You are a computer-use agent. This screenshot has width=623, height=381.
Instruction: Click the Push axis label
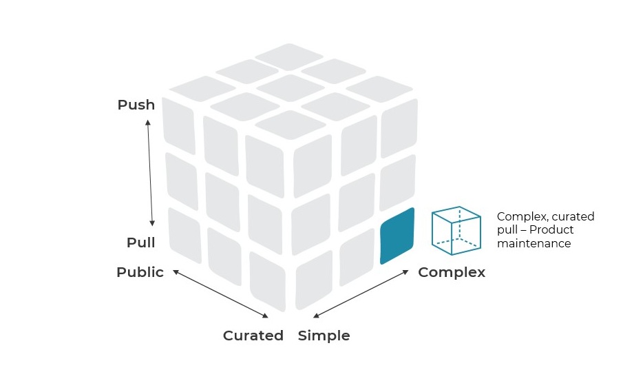point(136,105)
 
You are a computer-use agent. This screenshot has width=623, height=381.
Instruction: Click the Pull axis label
point(141,243)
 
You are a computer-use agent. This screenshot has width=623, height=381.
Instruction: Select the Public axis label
point(140,272)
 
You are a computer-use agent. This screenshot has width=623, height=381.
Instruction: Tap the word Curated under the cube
point(253,336)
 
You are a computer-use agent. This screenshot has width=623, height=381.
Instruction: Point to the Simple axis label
point(324,336)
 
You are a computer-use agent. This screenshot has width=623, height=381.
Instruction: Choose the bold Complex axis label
point(452,272)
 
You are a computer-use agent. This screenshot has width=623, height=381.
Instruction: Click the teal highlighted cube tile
point(397,236)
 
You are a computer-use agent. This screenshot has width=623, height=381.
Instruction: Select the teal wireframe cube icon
point(456,227)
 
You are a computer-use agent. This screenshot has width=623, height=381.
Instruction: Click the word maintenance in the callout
point(534,243)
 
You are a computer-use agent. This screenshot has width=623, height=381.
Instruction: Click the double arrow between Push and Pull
point(149,173)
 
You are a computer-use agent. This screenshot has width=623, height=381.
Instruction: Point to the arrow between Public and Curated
point(220,294)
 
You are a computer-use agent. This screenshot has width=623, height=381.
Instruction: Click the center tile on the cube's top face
point(291,87)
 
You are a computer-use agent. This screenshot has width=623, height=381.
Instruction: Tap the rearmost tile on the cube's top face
point(291,54)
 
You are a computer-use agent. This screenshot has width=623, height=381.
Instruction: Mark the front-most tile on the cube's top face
point(291,124)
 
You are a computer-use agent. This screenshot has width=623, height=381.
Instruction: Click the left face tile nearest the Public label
point(184,234)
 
